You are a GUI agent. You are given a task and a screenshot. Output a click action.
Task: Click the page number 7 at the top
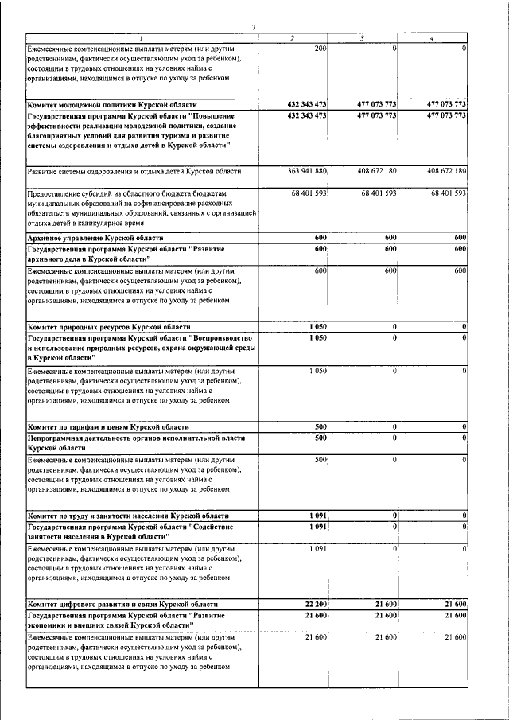pyautogui.click(x=253, y=29)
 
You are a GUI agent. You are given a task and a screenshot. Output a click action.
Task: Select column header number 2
pyautogui.click(x=293, y=39)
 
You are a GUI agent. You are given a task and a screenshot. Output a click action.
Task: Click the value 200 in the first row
pyautogui.click(x=321, y=49)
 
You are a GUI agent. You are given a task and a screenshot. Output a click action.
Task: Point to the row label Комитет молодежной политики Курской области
pyautogui.click(x=111, y=105)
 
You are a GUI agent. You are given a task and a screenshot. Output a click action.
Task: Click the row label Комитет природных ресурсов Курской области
pyautogui.click(x=109, y=327)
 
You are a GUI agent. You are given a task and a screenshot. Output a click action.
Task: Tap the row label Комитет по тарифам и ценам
pyautogui.click(x=107, y=427)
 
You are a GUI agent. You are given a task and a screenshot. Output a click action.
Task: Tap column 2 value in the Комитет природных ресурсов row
pyautogui.click(x=317, y=327)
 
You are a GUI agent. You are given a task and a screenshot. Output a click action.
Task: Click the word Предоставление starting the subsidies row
pyautogui.click(x=52, y=193)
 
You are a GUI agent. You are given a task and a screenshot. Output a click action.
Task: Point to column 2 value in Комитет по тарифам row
pyautogui.click(x=321, y=427)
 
